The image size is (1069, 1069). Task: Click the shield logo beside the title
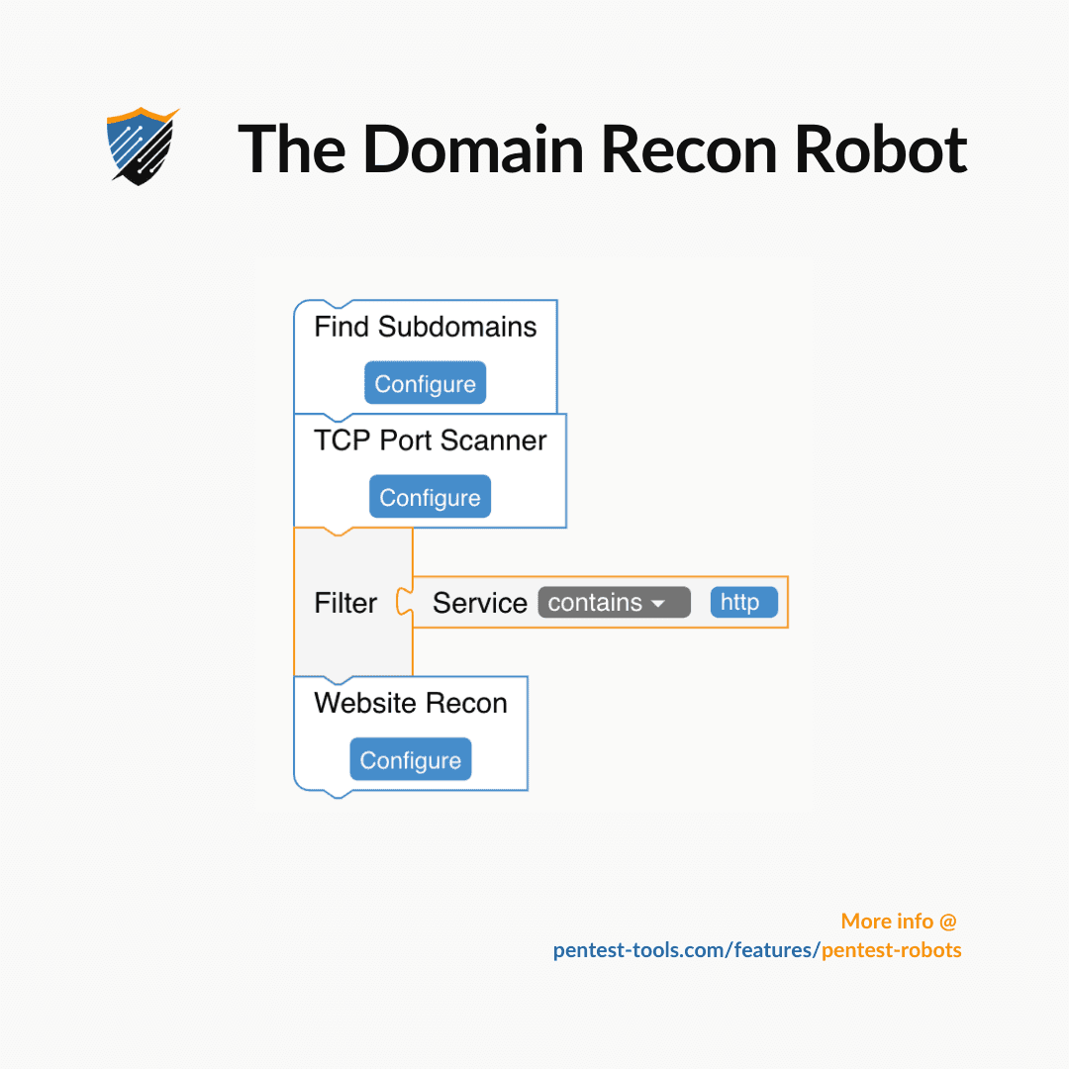[x=142, y=146]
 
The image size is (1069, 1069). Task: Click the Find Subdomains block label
[x=425, y=328]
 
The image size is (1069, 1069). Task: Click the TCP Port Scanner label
[x=430, y=440]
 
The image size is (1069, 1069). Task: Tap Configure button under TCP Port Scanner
[x=430, y=498]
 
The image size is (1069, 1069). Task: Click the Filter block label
[x=345, y=603]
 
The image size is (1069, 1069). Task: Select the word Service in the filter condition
[x=480, y=603]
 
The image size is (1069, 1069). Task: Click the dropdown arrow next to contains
[x=658, y=604]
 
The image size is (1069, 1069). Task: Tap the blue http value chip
[x=743, y=603]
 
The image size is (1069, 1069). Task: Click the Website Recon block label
[x=410, y=704]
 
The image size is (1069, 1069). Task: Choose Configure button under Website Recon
[x=410, y=760]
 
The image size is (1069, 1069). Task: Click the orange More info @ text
[x=899, y=922]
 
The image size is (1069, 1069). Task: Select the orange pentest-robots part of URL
[x=891, y=950]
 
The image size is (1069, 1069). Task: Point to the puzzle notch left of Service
[x=404, y=602]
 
